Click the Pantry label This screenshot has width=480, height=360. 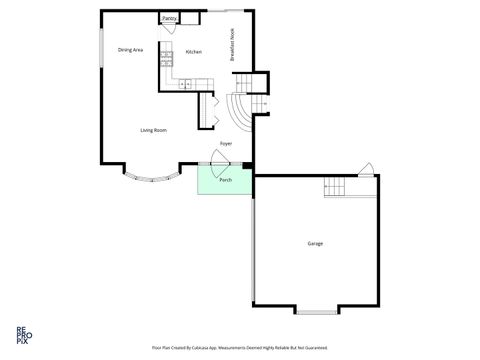169,18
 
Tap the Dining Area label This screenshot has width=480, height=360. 131,49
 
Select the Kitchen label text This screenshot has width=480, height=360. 194,52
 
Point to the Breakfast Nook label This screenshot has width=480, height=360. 233,46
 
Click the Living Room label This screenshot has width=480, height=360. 153,130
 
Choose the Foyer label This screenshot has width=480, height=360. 227,143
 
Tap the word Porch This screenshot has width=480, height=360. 225,180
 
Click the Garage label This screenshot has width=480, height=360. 315,243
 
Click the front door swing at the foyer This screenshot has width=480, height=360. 223,154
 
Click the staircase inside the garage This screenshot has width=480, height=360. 338,187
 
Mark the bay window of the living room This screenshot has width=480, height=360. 151,178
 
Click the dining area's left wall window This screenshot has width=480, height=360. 100,48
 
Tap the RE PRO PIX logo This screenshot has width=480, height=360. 22,333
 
